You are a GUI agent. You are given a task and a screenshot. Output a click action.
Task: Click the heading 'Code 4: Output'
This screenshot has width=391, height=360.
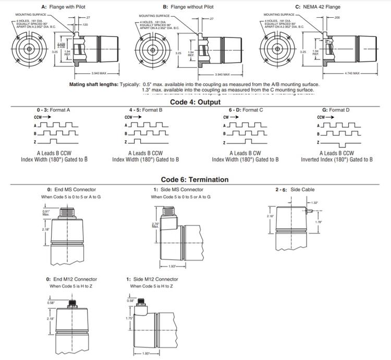pos(195,102)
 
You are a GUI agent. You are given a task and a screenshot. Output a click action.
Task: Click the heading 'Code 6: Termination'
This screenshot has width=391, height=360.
pos(194,180)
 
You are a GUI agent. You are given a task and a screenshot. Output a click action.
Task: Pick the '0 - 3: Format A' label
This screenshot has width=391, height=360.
pos(54,110)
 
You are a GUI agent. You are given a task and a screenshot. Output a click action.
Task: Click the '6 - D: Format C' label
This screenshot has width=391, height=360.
pos(246,110)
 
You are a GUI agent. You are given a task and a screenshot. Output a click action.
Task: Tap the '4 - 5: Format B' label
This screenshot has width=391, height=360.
pos(146,110)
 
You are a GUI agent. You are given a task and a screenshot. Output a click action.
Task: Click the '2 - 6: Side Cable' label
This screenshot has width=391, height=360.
pos(295,190)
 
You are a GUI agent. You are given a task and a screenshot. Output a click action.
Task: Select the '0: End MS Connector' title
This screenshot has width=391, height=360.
pos(71,190)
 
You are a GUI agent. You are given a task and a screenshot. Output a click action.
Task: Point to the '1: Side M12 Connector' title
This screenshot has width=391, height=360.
pos(152,279)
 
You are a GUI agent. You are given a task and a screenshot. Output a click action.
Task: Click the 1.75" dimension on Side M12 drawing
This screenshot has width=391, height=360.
pos(129,318)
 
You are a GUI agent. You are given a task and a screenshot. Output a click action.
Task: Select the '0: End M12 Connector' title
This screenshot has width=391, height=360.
pos(71,279)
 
